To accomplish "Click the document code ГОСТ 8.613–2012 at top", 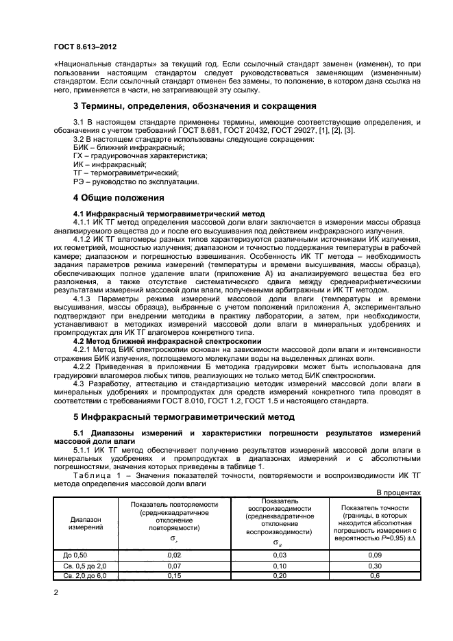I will point(84,47).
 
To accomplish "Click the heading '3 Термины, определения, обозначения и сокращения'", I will point(195,106).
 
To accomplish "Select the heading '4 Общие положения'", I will point(119,198).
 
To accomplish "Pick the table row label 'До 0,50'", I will point(75,555).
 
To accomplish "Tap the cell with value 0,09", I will point(375,555).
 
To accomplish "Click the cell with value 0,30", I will point(375,566).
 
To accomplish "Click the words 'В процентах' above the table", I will point(400,492).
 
